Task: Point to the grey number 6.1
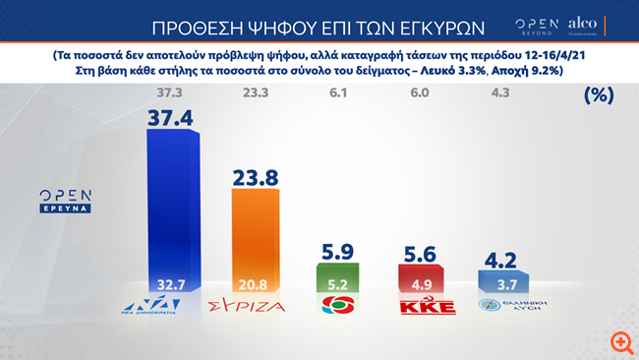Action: (337, 94)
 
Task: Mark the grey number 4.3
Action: (500, 94)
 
